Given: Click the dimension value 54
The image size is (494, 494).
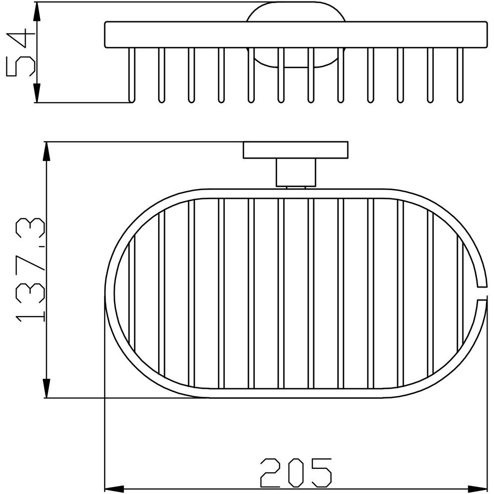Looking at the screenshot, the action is pos(20,52).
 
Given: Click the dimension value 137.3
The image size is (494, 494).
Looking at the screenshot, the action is pos(30,270).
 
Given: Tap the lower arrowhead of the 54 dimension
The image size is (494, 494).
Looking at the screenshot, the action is pos(37,93).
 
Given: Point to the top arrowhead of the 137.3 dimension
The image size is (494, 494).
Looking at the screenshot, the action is pos(46,152).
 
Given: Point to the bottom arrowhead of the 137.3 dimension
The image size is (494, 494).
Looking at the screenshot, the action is pos(46,388).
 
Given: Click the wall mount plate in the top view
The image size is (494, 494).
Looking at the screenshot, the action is pos(295,150).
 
